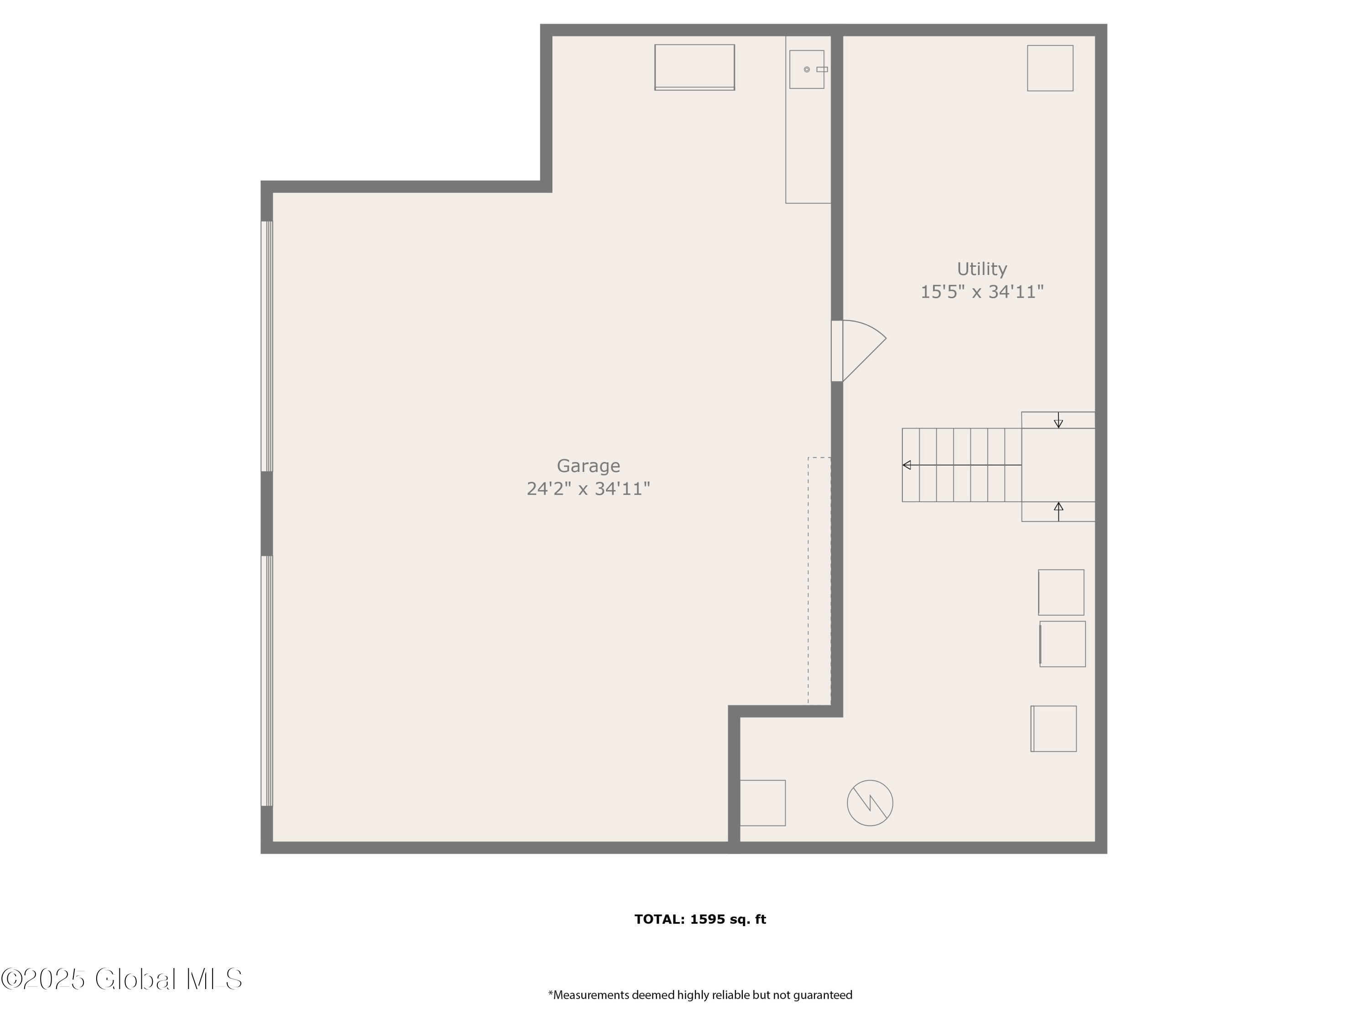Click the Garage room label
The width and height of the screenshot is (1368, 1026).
click(588, 466)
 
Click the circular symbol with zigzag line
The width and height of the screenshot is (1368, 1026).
click(870, 803)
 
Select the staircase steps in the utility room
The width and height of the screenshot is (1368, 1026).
click(962, 465)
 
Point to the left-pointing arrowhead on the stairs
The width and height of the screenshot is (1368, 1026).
click(907, 465)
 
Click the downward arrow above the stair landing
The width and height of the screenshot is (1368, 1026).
click(1059, 420)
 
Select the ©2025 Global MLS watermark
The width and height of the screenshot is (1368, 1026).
click(121, 979)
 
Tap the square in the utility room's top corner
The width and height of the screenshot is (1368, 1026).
click(1050, 68)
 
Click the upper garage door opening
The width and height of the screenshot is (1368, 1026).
click(267, 346)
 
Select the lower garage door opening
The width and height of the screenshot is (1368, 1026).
click(267, 681)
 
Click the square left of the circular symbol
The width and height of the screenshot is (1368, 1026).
click(762, 803)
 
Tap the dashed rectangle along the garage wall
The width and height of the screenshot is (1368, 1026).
click(819, 581)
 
